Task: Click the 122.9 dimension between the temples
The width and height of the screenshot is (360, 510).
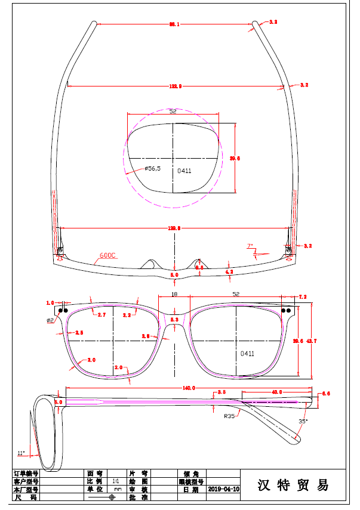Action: point(176,86)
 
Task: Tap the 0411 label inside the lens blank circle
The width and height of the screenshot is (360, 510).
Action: point(184,171)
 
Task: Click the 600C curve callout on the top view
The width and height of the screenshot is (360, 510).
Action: point(107,255)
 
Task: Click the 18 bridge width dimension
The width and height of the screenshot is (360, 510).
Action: point(174,295)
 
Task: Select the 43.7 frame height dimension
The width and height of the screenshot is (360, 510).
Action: point(311,341)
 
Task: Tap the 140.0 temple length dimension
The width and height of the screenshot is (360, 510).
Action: point(189,388)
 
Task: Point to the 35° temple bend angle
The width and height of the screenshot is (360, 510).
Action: point(303,421)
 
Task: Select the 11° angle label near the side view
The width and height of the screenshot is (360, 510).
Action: point(21,453)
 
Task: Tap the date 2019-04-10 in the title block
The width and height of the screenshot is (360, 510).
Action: point(223,489)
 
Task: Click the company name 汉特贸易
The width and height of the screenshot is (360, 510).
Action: point(293,485)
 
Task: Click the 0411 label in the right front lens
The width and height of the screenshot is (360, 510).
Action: point(248,354)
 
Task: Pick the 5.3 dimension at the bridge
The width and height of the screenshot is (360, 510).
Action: point(174,320)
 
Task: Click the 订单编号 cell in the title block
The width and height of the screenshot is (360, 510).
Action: point(26,472)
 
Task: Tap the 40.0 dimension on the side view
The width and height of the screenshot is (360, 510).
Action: point(276,392)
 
